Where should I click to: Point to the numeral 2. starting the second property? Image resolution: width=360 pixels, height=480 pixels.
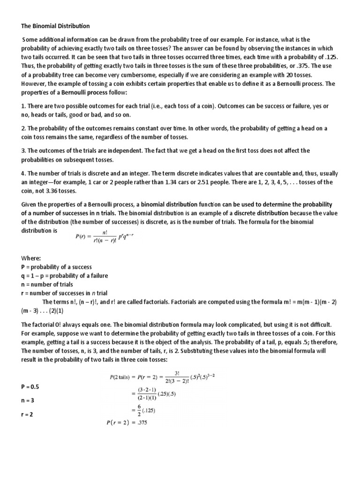tap(24, 128)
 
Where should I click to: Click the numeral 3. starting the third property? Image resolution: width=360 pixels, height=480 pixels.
tap(24, 151)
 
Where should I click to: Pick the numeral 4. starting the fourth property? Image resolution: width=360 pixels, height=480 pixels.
tap(24, 173)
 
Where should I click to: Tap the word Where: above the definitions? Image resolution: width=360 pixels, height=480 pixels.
tap(31, 258)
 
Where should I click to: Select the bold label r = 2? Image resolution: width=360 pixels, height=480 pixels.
tap(28, 415)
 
